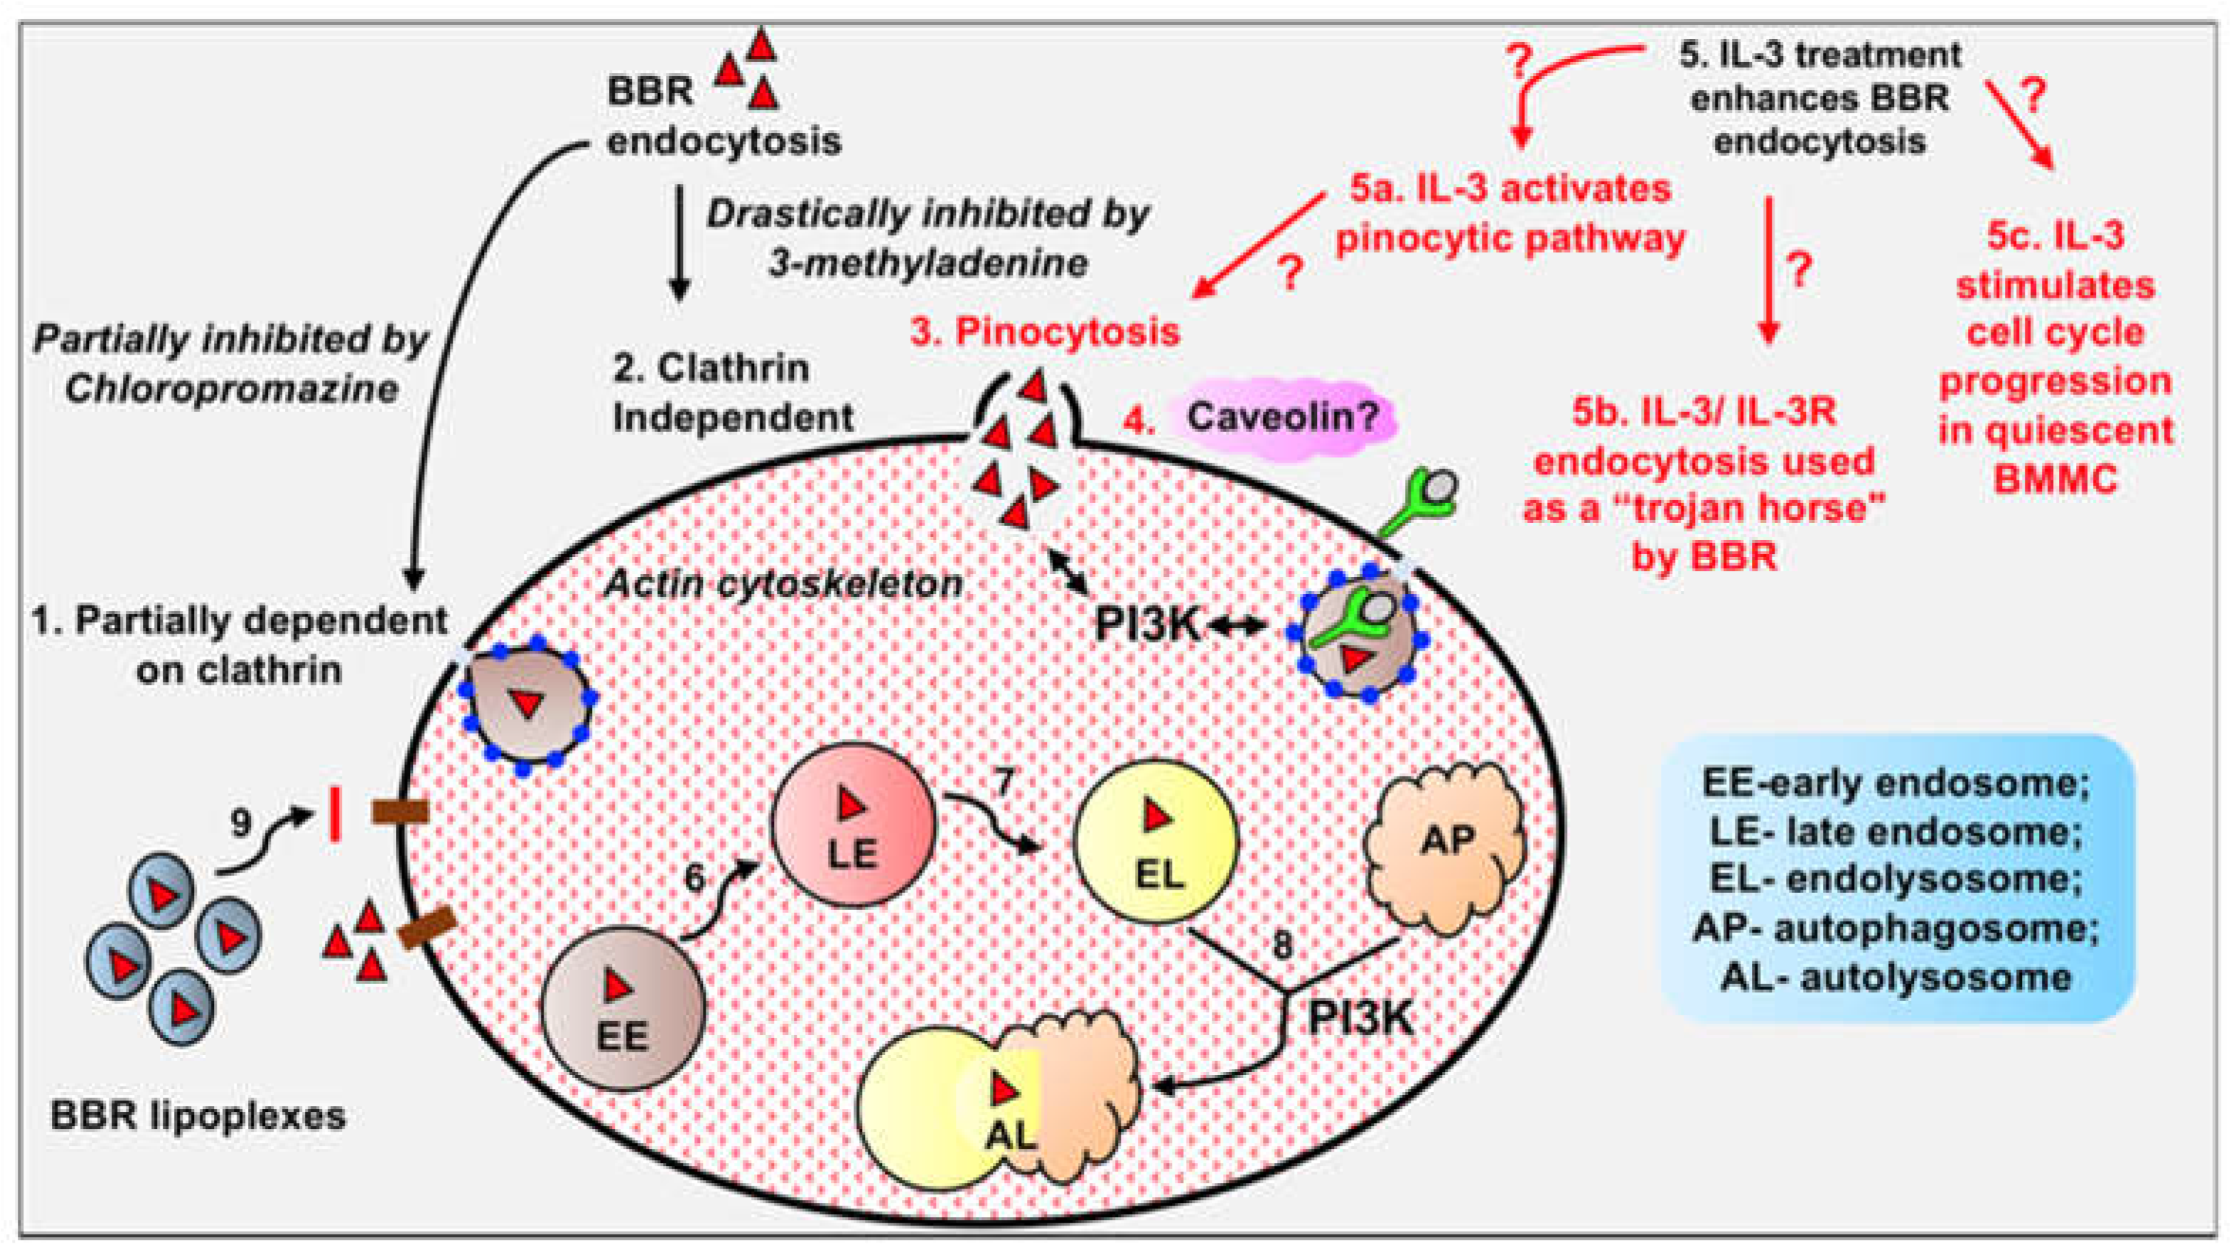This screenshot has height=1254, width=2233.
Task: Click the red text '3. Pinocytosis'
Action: coord(1045,332)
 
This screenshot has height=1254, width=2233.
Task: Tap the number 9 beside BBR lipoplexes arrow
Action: coord(241,823)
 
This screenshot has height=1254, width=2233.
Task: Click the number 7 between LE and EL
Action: coord(1003,782)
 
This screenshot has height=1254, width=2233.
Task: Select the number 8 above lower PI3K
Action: coord(1282,945)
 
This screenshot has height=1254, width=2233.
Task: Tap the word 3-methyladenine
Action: coord(927,263)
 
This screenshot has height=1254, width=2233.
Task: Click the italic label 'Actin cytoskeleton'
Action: coord(782,583)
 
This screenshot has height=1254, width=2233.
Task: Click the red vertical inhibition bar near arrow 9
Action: coord(335,813)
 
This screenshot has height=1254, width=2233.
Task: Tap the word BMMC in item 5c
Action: coord(2055,478)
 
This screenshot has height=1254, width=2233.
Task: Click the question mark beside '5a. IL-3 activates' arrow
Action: coord(1290,274)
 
